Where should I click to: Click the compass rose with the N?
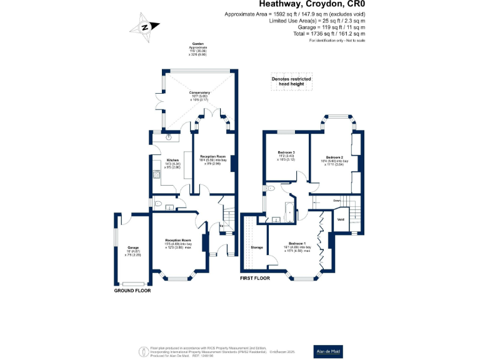tap(144, 27)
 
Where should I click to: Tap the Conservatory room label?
tap(200, 92)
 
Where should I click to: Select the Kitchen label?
tap(156, 159)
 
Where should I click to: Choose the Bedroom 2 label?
tap(334, 157)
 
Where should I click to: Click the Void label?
tap(341, 219)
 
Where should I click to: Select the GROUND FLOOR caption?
tap(132, 291)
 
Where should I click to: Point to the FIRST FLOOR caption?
tap(256, 278)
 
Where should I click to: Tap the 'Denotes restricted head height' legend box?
tap(292, 82)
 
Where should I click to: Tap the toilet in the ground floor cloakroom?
tap(158, 204)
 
